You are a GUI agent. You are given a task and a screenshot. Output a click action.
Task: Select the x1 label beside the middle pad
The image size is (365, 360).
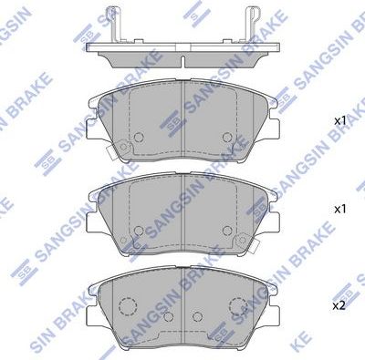point(339,209)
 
